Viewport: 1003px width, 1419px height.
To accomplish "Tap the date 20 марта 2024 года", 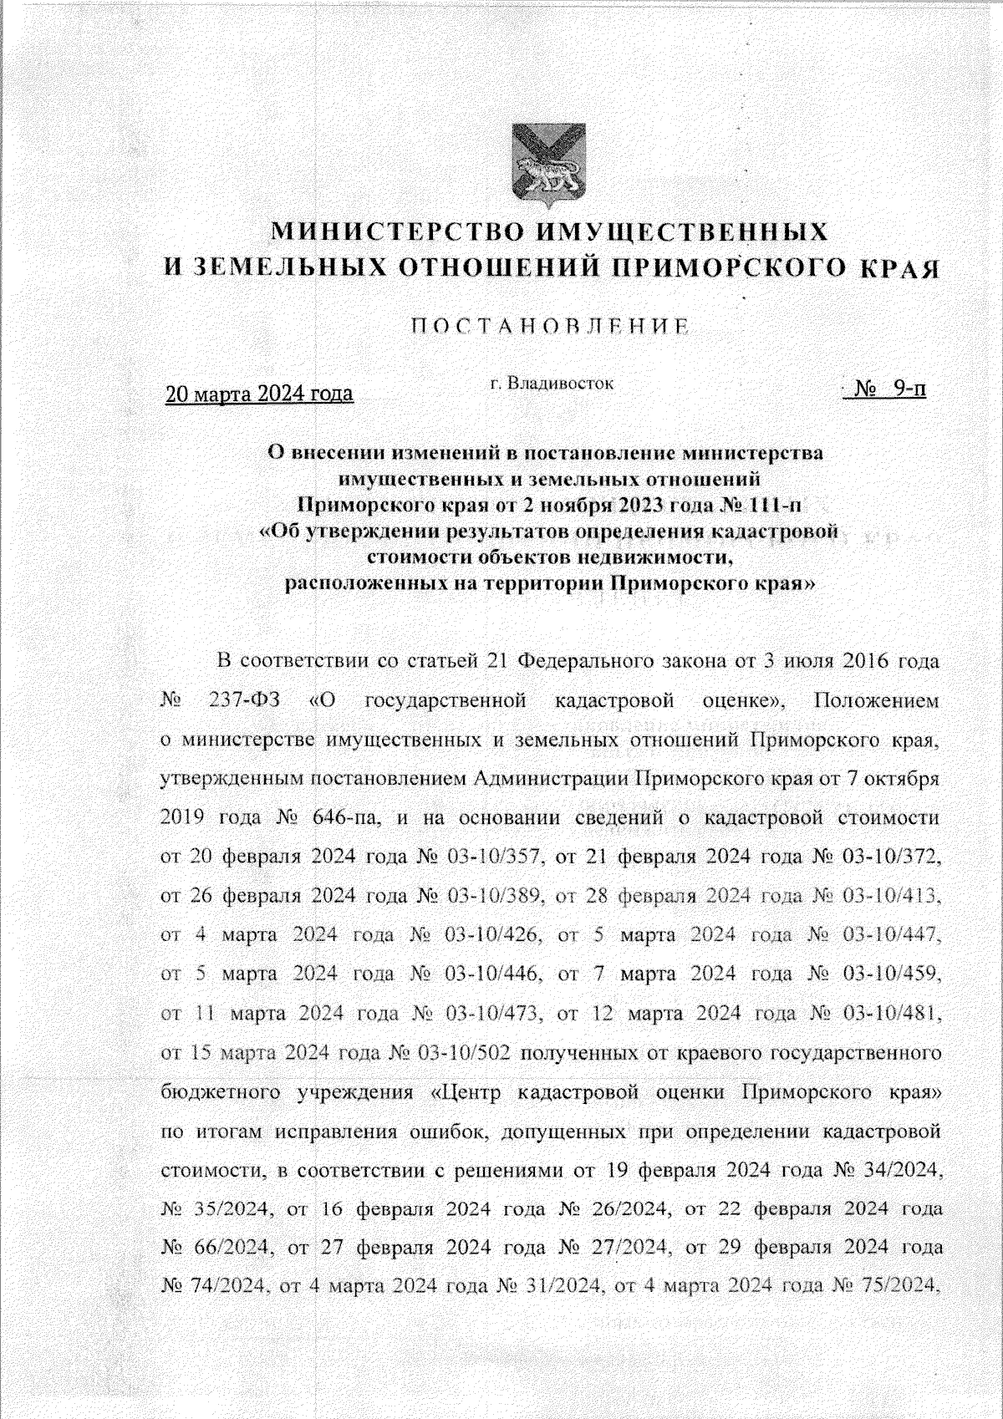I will (x=259, y=393).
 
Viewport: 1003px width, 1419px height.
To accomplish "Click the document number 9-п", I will (x=909, y=389).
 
